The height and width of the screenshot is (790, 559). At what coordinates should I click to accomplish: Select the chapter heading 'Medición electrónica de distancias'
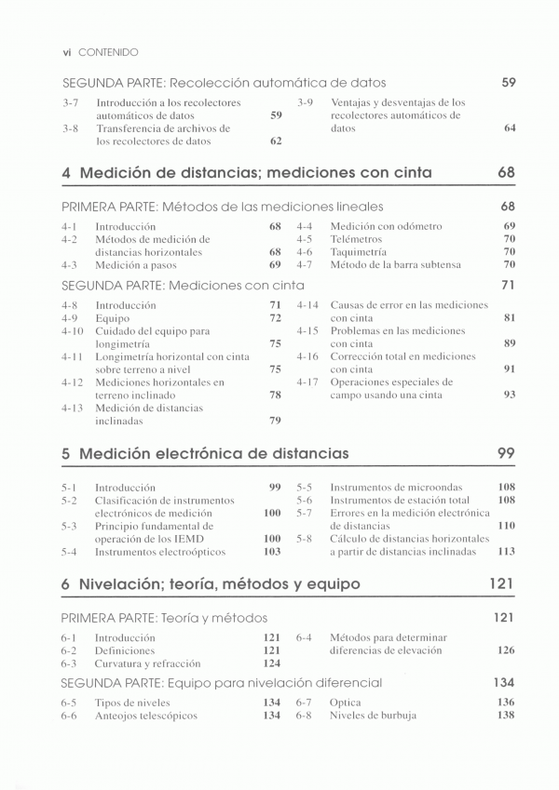pyautogui.click(x=214, y=454)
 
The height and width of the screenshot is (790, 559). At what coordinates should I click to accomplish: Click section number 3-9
pyautogui.click(x=305, y=102)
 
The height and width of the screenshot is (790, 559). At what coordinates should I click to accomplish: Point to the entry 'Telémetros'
pyautogui.click(x=356, y=239)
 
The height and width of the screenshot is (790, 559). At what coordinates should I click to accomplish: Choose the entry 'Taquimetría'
pyautogui.click(x=360, y=252)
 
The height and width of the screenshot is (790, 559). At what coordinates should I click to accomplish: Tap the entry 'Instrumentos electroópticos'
pyautogui.click(x=160, y=552)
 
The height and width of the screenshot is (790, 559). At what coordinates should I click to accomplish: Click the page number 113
pyautogui.click(x=507, y=552)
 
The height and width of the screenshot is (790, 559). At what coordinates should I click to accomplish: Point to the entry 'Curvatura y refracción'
pyautogui.click(x=147, y=664)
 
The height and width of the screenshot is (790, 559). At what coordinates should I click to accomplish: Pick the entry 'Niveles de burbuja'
pyautogui.click(x=374, y=716)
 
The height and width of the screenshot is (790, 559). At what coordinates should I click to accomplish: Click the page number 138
pyautogui.click(x=506, y=716)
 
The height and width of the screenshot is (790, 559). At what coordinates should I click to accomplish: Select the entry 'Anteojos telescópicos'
pyautogui.click(x=146, y=716)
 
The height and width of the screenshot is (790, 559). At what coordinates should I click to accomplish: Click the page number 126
pyautogui.click(x=506, y=651)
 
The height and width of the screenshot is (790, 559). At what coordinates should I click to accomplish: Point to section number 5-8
pyautogui.click(x=305, y=539)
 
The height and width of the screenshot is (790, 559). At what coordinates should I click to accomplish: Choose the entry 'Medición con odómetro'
pyautogui.click(x=387, y=226)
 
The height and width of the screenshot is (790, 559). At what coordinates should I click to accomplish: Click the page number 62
pyautogui.click(x=276, y=141)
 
